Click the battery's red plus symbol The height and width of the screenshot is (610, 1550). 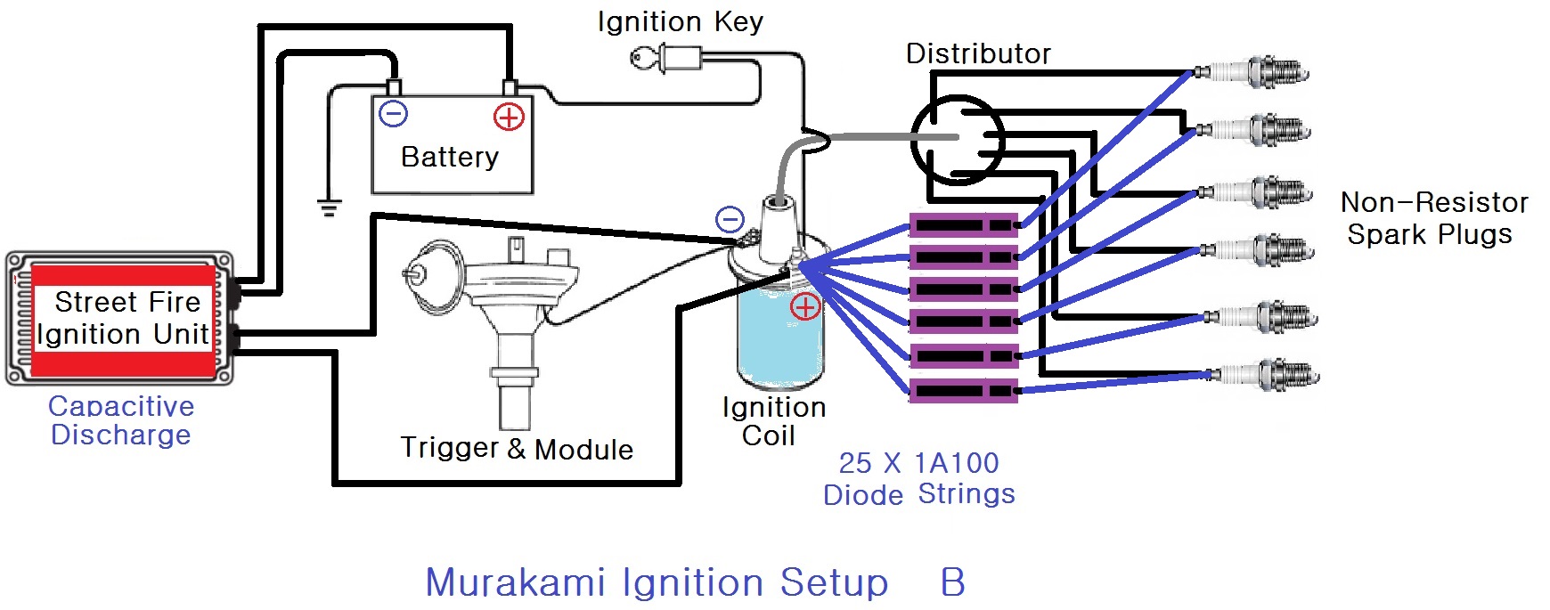(509, 117)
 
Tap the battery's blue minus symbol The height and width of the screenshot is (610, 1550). (394, 114)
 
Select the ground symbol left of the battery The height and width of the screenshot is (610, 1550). (330, 208)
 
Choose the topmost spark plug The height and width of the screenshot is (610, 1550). (1252, 71)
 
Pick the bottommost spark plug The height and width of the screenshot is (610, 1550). (1260, 375)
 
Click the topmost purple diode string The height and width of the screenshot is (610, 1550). (964, 225)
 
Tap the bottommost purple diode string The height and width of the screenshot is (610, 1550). (964, 390)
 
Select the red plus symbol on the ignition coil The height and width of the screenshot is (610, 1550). (805, 307)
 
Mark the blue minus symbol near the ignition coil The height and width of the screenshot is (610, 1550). (730, 219)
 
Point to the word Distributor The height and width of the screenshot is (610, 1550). (978, 53)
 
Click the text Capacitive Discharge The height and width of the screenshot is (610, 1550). (121, 420)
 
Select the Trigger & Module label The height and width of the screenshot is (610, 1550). (517, 448)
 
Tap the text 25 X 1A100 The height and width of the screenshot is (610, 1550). (919, 463)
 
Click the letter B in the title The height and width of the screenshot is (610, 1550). (952, 582)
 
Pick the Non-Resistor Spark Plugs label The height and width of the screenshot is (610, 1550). (1434, 218)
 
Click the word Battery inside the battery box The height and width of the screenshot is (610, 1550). (450, 157)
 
